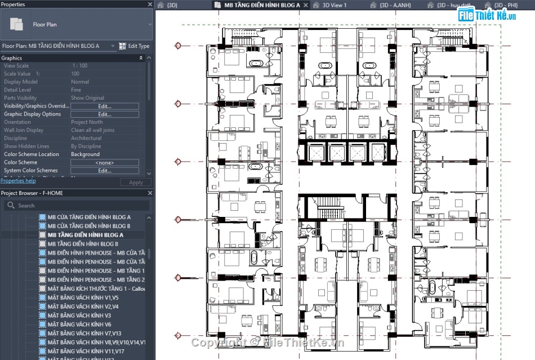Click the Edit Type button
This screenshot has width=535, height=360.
tap(135, 46)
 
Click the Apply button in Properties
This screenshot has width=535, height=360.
tap(136, 183)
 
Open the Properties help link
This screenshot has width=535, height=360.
tap(18, 181)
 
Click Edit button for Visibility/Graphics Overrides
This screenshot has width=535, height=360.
tap(105, 106)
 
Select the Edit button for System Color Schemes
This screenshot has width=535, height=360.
tap(105, 171)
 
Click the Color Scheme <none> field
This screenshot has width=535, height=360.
tap(105, 163)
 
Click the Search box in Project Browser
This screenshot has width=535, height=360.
tap(77, 206)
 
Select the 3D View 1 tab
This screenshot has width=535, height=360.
tap(335, 5)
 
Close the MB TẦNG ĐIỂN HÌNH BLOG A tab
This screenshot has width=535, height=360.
tap(306, 5)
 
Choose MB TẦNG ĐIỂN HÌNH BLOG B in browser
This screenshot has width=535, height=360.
tap(83, 244)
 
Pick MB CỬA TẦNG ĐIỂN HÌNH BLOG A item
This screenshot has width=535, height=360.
tap(89, 217)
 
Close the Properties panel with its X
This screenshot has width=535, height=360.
tap(150, 4)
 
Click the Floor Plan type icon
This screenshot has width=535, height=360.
tap(17, 25)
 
